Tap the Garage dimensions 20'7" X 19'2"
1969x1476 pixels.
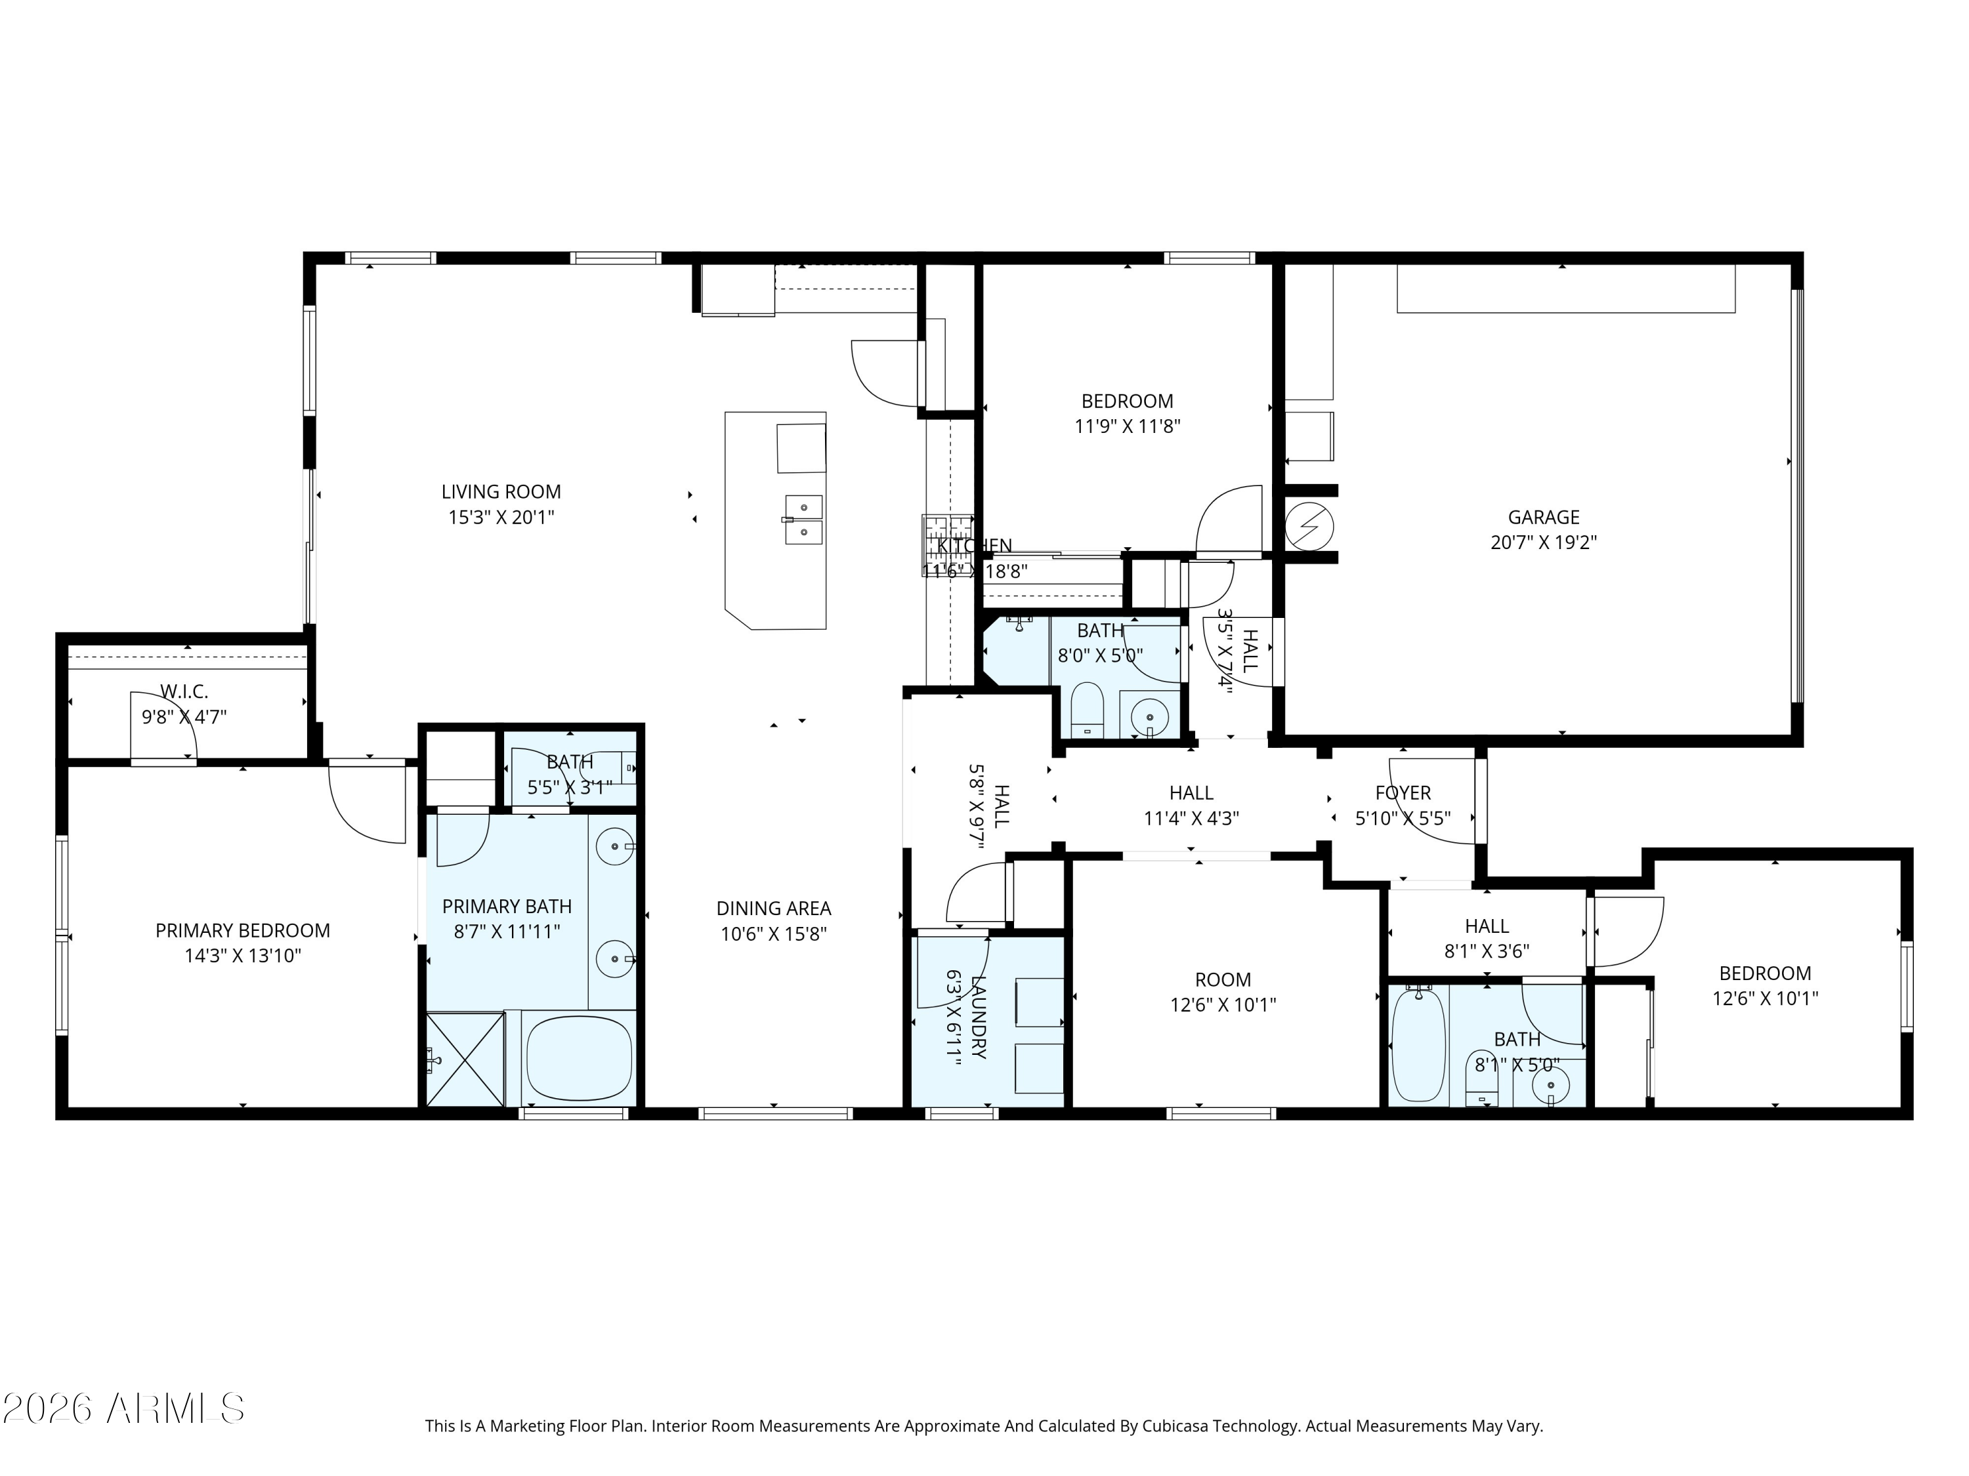coord(1544,542)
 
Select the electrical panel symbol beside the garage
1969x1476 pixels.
coord(1309,526)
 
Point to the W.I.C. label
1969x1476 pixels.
coord(184,691)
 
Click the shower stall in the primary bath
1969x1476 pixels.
coord(465,1059)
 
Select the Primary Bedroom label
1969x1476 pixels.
coord(242,931)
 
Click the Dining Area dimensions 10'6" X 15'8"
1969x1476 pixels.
coord(774,933)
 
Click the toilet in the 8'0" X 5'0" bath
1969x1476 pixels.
coord(1087,710)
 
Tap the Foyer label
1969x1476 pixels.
coord(1403,792)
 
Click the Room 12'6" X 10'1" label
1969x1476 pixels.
coord(1222,979)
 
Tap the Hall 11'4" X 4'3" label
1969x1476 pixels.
coord(1191,792)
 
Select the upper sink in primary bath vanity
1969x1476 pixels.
coord(613,846)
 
